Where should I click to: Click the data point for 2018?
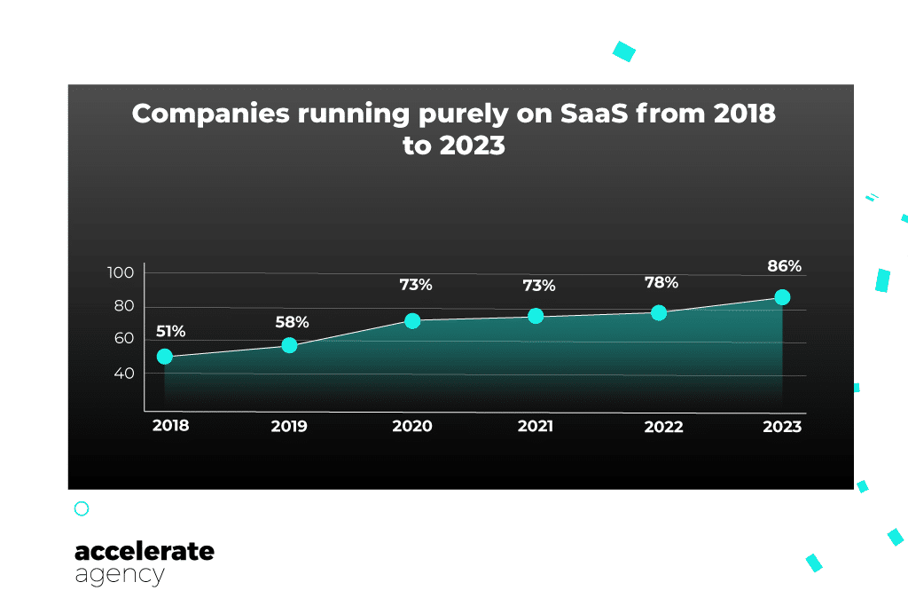point(164,357)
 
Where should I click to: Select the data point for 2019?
point(289,345)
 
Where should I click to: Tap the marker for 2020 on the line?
point(412,321)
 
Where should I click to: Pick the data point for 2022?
point(659,312)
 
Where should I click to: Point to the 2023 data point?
point(782,297)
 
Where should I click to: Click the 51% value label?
point(171,332)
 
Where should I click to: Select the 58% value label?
point(292,322)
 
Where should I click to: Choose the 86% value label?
point(784,265)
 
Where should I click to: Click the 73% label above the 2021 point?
point(538,286)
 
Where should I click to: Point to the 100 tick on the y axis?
point(121,273)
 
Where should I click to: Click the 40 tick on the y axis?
point(123,374)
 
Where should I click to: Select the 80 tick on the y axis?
point(123,307)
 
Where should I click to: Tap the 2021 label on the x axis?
point(536,427)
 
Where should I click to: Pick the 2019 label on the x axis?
point(289,427)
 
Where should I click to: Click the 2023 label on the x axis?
point(782,427)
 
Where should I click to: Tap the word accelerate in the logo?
point(145,551)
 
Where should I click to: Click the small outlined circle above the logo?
point(82,508)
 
